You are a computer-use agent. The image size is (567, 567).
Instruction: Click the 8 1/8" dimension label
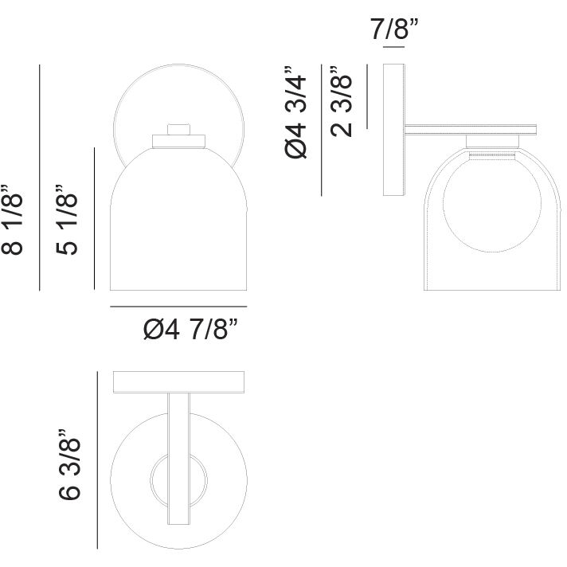point(13,220)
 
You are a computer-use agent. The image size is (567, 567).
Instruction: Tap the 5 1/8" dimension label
point(67,220)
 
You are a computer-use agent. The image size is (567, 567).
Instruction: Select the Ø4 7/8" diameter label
point(191,329)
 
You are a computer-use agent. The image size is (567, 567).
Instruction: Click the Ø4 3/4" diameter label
point(295,112)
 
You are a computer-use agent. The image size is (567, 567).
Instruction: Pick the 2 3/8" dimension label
point(341,101)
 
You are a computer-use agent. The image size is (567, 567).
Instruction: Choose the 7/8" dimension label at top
point(394,29)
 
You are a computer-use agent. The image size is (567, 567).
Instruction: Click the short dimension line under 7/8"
point(393,47)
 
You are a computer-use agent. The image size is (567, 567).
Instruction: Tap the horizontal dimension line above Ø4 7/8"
point(178,307)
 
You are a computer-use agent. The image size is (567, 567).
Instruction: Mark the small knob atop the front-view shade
point(178,130)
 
